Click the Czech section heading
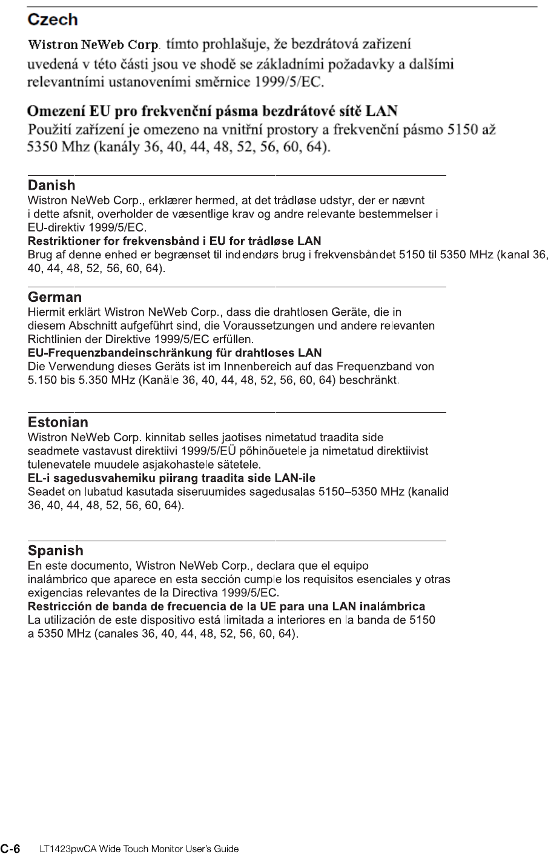53,20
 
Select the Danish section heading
51,185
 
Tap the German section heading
54,298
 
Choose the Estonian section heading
58,422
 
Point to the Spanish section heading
55,551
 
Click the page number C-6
10,848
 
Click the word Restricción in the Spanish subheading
58,607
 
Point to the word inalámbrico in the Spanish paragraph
56,579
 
